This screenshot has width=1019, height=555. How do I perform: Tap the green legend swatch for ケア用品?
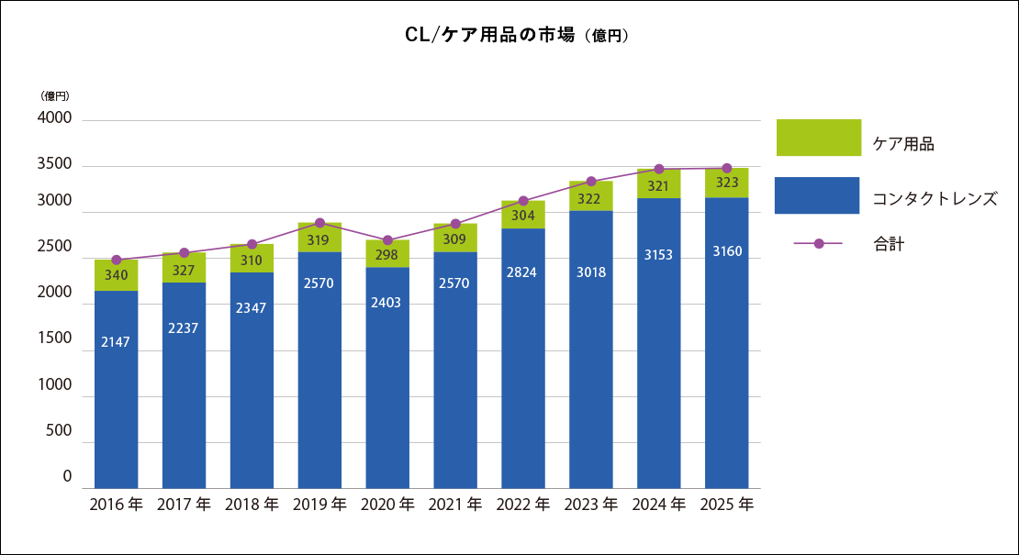[819, 138]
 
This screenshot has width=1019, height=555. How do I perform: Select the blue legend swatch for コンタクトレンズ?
[817, 195]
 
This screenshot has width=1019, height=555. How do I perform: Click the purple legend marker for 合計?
[819, 243]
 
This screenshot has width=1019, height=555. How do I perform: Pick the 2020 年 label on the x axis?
[387, 505]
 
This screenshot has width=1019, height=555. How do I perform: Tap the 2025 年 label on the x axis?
[726, 505]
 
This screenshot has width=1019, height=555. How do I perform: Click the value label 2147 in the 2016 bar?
[116, 342]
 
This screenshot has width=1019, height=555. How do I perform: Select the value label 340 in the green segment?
[117, 275]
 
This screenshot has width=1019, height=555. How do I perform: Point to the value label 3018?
[590, 272]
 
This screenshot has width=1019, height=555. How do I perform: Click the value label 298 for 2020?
[386, 255]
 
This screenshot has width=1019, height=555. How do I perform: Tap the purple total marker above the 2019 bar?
[319, 223]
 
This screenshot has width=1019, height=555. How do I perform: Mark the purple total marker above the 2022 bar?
[523, 201]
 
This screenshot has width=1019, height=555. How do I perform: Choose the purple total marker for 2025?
[726, 168]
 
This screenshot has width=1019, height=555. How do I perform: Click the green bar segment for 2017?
[184, 268]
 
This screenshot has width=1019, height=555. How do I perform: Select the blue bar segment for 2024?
[659, 343]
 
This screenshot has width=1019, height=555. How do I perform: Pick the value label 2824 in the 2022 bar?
[521, 272]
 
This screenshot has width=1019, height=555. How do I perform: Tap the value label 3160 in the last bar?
[726, 251]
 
